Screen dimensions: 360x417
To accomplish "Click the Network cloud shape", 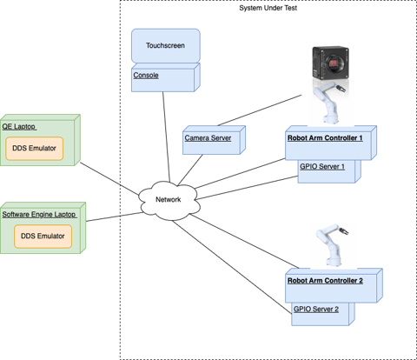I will (x=169, y=200).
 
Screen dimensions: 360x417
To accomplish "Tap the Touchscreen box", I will (x=165, y=45).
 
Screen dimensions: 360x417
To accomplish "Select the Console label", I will (x=146, y=76).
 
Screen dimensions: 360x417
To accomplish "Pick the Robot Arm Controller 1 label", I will (x=324, y=137).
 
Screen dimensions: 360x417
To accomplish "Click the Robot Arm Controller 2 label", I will (x=324, y=281).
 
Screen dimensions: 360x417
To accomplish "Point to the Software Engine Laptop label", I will (x=38, y=214).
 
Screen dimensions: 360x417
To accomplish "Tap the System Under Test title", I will (x=268, y=8).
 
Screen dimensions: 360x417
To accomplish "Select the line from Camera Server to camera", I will (x=252, y=111).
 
